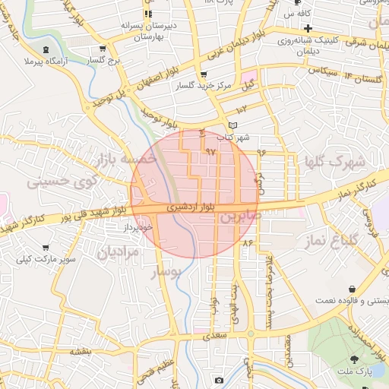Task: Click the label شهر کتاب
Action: (x=233, y=138)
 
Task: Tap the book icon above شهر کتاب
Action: (x=232, y=125)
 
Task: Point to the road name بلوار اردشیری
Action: (x=197, y=206)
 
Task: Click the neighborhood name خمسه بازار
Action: (x=125, y=158)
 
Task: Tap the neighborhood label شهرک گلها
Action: (x=334, y=162)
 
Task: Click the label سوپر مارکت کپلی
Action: (x=49, y=259)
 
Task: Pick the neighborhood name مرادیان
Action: (x=118, y=251)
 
